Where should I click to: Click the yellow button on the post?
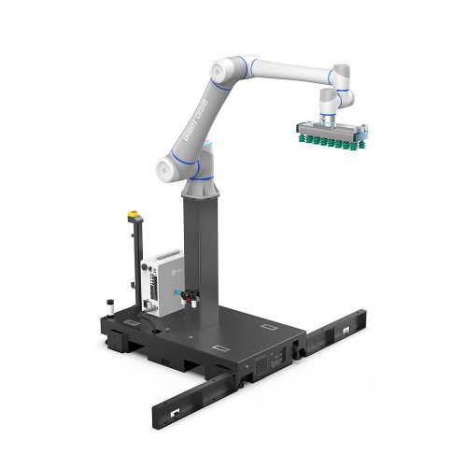point(131,214)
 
